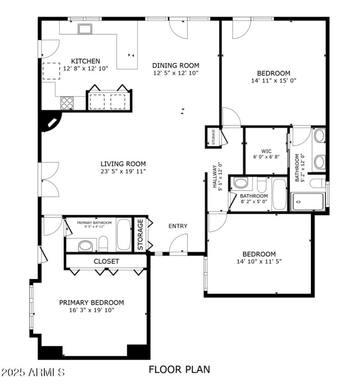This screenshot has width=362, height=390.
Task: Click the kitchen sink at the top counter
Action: coord(84,29)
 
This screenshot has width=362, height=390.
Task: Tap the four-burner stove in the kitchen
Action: coord(67,103)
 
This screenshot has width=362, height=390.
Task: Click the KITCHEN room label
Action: coord(86,61)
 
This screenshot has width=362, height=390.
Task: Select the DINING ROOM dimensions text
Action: coord(176,72)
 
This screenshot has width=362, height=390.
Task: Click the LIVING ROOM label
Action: coord(123,164)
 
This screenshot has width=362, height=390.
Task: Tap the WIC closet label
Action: coord(266,151)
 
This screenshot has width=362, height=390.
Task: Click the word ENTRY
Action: coord(178,226)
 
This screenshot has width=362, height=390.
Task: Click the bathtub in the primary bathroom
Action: coord(123,235)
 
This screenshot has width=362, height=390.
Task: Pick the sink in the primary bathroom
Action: coord(85,246)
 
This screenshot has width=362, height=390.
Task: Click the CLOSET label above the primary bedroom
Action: coord(106,261)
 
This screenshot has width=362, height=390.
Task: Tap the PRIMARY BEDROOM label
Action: coord(91,303)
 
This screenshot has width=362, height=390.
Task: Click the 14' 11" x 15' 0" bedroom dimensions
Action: coord(273,80)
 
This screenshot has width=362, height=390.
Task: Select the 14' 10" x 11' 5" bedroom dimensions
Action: coord(259,261)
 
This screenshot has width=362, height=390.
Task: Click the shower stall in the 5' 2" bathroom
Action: coord(308,201)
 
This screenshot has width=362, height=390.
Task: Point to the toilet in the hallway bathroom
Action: coord(241,183)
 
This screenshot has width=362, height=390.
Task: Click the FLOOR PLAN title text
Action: coord(179,370)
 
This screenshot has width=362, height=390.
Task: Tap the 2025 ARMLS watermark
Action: coord(33,373)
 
